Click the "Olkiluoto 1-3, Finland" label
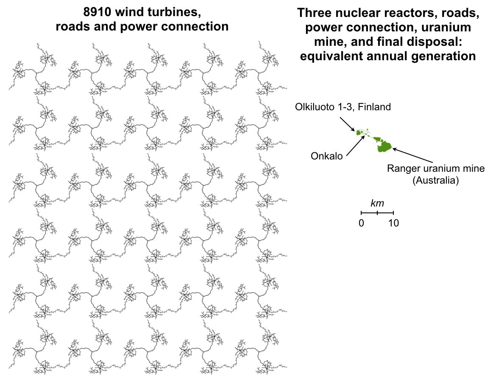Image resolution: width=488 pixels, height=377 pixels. pyautogui.click(x=342, y=107)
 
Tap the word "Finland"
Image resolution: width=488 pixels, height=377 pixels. pyautogui.click(x=374, y=107)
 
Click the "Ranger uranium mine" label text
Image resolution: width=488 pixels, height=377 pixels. pyautogui.click(x=435, y=169)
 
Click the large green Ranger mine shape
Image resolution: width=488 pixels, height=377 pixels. pyautogui.click(x=384, y=147)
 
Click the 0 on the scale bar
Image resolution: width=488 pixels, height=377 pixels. pyautogui.click(x=361, y=223)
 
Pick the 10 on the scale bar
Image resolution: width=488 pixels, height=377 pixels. pyautogui.click(x=393, y=223)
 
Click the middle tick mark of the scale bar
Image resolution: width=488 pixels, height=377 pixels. pyautogui.click(x=377, y=212)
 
